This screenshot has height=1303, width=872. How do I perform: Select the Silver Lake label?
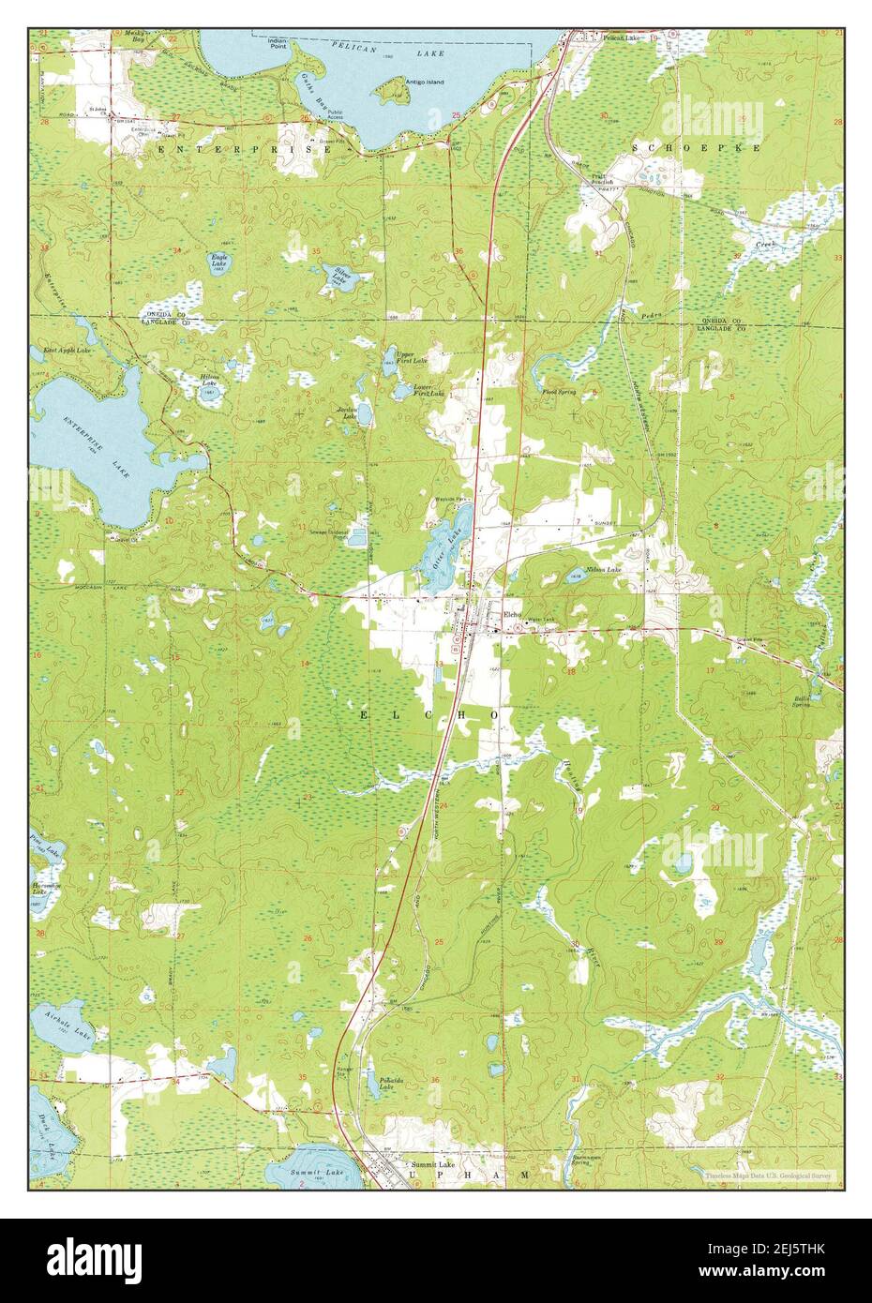pyautogui.click(x=339, y=276)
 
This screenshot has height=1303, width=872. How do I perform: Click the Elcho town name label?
pyautogui.click(x=511, y=615)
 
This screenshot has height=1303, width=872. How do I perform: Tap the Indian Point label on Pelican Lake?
pyautogui.click(x=277, y=44)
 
